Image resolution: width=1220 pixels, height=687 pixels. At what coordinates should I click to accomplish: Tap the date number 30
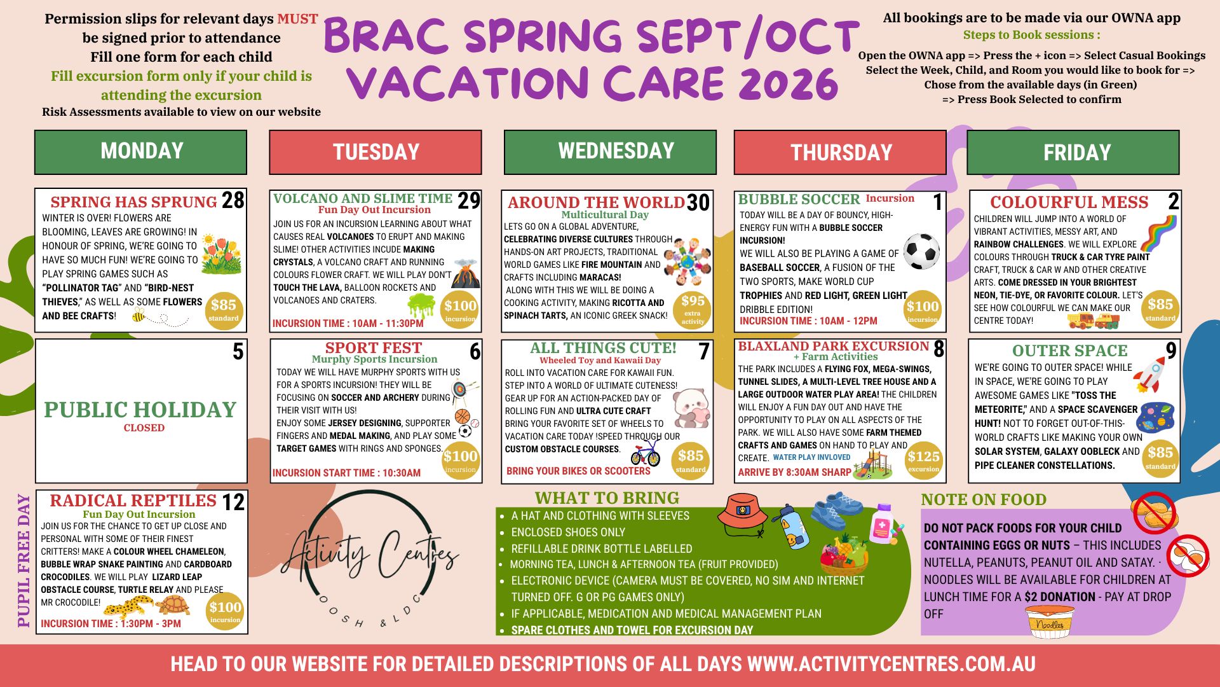(x=698, y=203)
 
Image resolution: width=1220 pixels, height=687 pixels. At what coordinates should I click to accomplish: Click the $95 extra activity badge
(x=692, y=309)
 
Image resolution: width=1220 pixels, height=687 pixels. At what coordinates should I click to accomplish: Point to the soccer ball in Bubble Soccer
(x=921, y=251)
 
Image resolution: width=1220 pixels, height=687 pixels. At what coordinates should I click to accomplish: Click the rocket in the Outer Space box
(x=1149, y=375)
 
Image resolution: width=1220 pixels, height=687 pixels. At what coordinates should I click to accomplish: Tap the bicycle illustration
(x=645, y=452)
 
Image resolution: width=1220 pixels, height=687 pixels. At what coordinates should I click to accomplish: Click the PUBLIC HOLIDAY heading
(x=140, y=410)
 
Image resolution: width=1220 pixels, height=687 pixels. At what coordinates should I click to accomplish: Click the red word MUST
(x=297, y=19)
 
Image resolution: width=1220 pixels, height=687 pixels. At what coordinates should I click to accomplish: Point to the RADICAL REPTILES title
(x=133, y=501)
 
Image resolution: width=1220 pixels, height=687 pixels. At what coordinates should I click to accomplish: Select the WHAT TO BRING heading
(x=607, y=498)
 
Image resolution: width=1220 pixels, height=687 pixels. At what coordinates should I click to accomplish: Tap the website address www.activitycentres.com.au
(x=891, y=664)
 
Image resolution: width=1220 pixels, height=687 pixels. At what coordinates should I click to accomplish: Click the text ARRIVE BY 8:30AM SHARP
(x=794, y=472)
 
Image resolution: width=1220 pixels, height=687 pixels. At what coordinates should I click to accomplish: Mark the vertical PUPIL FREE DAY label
(x=24, y=561)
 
